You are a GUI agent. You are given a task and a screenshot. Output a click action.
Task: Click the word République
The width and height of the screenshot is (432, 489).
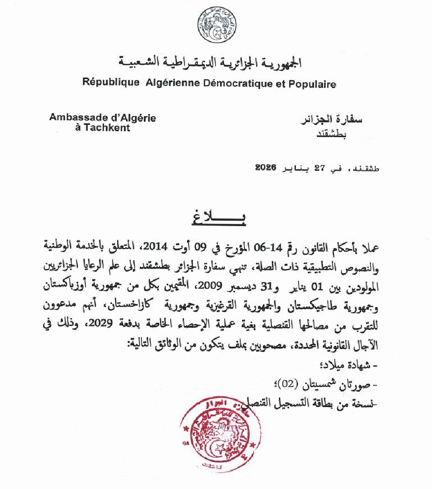111,84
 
